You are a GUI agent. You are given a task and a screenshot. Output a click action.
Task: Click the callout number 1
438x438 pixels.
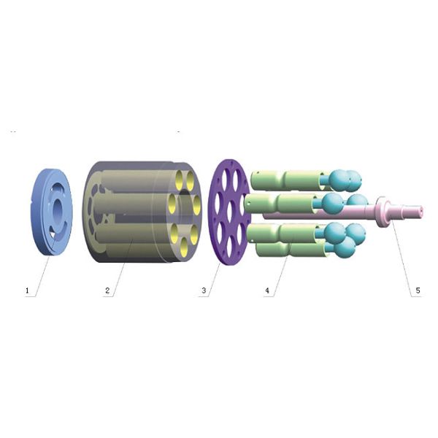tap(27, 291)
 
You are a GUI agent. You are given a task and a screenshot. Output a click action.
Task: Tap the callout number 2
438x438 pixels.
tap(107, 291)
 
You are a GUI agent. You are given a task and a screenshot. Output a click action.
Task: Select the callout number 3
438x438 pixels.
tap(204, 291)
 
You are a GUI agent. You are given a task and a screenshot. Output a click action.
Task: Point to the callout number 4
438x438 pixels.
tap(267, 291)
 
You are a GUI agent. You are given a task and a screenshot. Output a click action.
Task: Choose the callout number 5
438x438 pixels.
tap(418, 291)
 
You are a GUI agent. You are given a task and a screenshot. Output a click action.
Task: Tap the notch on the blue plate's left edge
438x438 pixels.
tap(31, 200)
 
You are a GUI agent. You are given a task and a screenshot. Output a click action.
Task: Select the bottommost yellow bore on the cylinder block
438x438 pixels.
tap(183, 247)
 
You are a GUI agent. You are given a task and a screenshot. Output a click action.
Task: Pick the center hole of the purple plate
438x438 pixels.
tap(231, 212)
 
